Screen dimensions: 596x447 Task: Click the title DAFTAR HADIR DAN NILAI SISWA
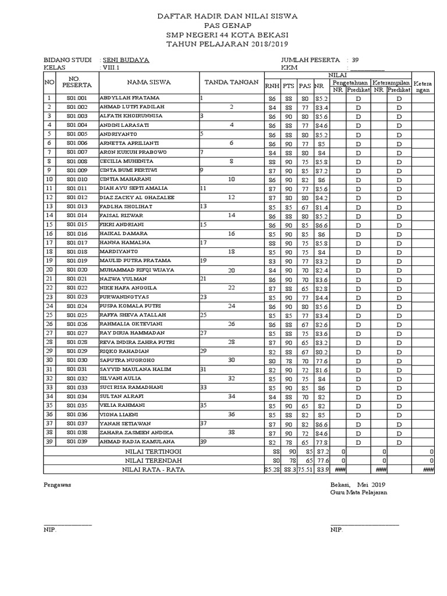(x=227, y=16)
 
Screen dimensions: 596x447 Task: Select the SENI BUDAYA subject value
(x=126, y=59)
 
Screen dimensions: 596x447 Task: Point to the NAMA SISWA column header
(x=149, y=82)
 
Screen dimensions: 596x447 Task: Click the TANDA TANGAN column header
(x=231, y=82)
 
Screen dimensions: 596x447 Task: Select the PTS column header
(x=289, y=86)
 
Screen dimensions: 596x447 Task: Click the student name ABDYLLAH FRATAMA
(x=129, y=98)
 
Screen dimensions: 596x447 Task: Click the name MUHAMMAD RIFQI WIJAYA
(x=137, y=270)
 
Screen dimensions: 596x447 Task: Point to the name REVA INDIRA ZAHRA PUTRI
(x=137, y=342)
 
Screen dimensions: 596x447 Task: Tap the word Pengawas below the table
(x=57, y=485)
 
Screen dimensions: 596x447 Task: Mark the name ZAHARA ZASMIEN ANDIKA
(x=137, y=432)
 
